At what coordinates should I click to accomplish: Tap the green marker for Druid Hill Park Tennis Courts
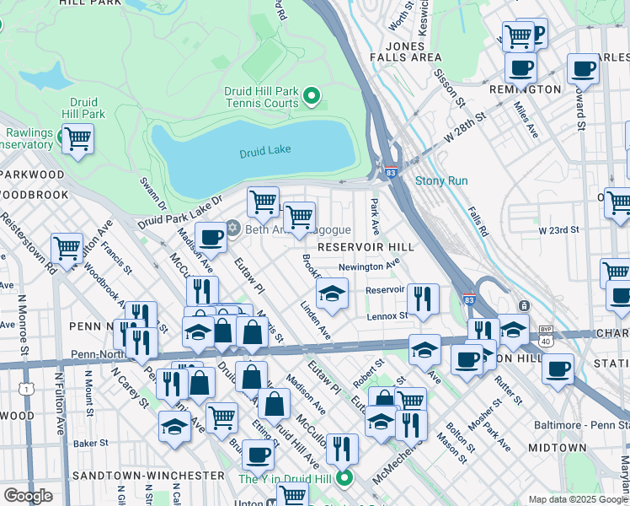pyautogui.click(x=312, y=96)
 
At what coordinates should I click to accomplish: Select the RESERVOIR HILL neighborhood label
pyautogui.click(x=363, y=245)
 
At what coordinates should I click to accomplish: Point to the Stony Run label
pyautogui.click(x=440, y=180)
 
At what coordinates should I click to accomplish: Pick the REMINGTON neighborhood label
pyautogui.click(x=533, y=89)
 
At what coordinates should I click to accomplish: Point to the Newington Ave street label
pyautogui.click(x=368, y=266)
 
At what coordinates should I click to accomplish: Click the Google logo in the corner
pyautogui.click(x=28, y=495)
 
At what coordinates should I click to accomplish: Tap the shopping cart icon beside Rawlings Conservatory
pyautogui.click(x=77, y=137)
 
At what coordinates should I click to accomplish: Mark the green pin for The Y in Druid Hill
pyautogui.click(x=344, y=479)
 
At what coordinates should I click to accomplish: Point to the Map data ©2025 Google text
pyautogui.click(x=577, y=499)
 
